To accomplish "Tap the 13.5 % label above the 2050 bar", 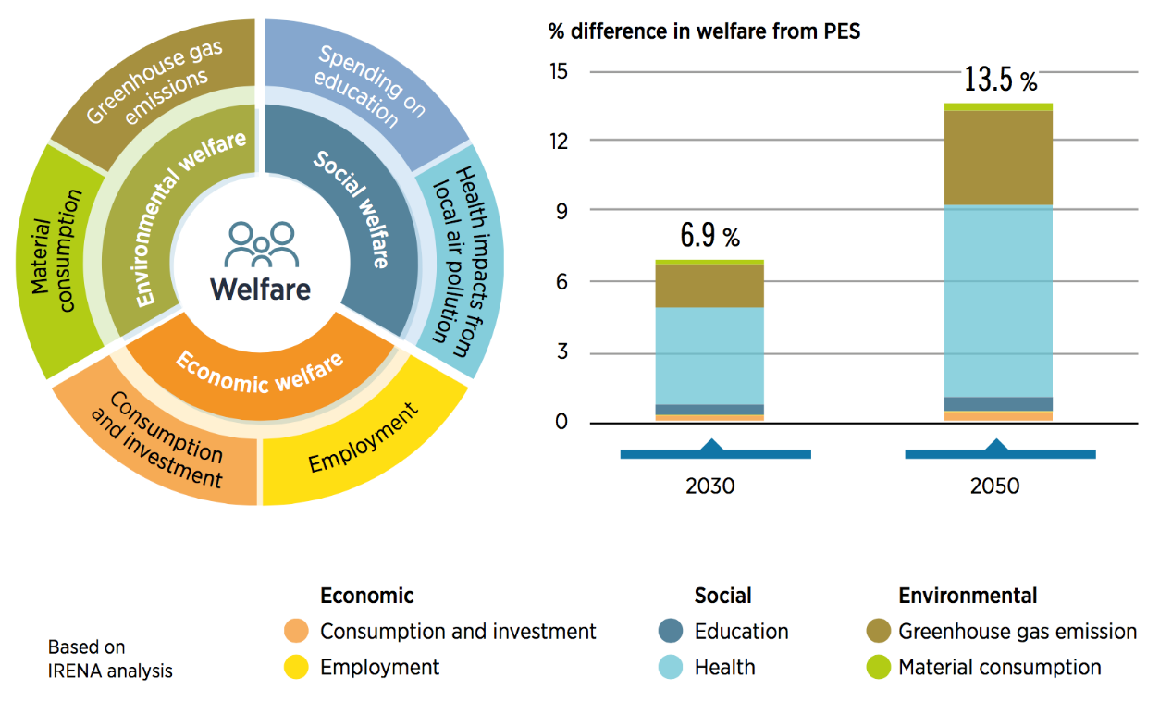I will coord(1000,80).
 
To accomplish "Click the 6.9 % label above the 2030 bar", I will coord(709,236).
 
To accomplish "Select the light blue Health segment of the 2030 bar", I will coord(709,355).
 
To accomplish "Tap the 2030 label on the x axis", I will coord(709,486).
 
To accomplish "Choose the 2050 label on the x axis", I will coord(994,486).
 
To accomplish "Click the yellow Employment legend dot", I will coord(296,668).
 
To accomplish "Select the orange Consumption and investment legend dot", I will coord(296,633).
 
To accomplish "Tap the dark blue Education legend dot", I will coord(671,633).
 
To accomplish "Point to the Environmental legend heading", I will coord(968,597).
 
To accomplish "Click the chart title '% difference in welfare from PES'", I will coord(704,32).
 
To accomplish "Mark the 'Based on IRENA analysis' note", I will coord(110,659).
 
